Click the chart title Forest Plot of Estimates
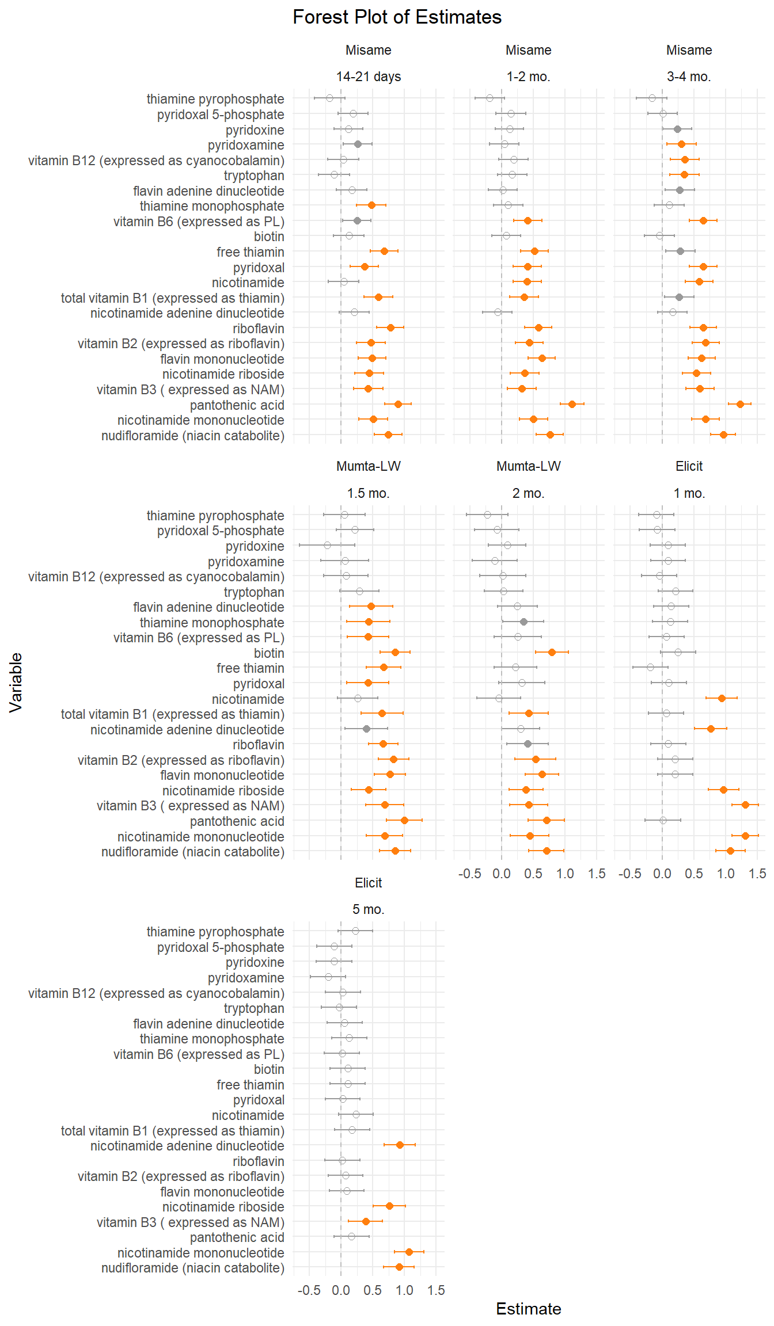[397, 17]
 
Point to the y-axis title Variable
[16, 683]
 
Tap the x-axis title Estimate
[528, 1308]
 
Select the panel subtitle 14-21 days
[369, 77]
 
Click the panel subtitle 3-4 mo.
[689, 77]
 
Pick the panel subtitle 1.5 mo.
[369, 493]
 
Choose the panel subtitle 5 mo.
[369, 909]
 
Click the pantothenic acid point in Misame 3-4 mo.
[740, 404]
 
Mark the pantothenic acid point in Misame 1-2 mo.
[572, 404]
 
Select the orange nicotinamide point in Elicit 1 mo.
[722, 698]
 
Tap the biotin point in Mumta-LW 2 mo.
[552, 652]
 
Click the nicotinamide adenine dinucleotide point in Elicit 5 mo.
[400, 1145]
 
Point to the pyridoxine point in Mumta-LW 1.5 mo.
[327, 545]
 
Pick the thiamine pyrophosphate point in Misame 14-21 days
[329, 98]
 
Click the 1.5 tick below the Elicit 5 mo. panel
[436, 1290]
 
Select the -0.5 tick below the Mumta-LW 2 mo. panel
[469, 874]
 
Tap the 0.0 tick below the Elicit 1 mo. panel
[662, 874]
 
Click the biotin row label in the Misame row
[269, 237]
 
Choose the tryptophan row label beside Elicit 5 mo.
[254, 1008]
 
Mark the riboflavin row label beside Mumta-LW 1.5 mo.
[258, 745]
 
